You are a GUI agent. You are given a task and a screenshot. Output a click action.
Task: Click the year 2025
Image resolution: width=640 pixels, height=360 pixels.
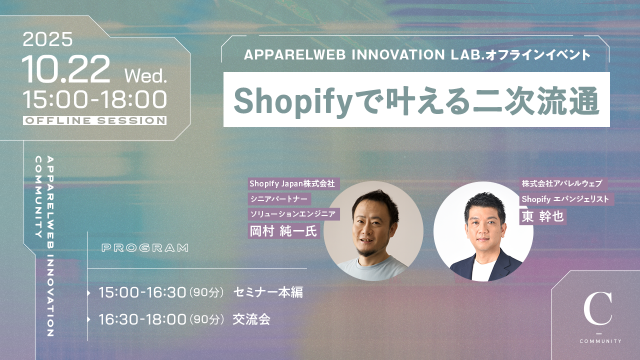point(47,39)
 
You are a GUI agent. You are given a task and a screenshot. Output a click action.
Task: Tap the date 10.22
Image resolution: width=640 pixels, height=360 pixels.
point(66,69)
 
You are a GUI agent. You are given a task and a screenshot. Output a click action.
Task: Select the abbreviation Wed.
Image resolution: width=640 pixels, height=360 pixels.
point(145,76)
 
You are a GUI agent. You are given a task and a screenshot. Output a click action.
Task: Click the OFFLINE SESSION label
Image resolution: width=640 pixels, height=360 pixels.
point(95,120)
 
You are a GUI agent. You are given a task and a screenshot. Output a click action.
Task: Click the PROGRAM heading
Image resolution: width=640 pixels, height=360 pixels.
point(145,247)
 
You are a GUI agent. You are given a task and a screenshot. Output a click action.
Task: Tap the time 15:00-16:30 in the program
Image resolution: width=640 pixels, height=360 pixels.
point(142,292)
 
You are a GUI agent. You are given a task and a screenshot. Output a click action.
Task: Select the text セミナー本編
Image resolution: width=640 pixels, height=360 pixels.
point(268,292)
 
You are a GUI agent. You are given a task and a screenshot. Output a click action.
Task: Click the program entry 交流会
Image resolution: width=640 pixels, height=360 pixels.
point(251,319)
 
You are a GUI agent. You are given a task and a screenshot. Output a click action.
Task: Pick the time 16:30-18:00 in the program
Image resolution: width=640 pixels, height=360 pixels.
point(142,319)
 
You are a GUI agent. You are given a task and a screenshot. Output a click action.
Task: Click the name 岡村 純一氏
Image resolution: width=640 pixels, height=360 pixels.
point(283,231)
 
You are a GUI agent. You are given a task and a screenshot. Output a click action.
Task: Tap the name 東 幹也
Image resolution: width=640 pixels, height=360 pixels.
point(542,216)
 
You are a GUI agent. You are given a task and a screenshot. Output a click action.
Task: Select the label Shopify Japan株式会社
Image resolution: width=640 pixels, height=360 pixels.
point(292,183)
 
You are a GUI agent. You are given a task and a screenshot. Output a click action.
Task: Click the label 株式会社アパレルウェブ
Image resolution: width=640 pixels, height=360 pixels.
point(562,183)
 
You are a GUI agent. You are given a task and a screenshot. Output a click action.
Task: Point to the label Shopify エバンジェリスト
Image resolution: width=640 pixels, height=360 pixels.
point(565,199)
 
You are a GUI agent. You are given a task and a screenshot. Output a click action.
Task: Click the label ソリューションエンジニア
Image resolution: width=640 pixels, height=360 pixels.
point(293,213)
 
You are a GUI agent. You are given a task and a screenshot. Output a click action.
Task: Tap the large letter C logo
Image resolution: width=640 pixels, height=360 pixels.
point(598,308)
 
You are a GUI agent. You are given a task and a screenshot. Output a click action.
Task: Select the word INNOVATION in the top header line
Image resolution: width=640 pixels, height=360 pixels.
point(398,54)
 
